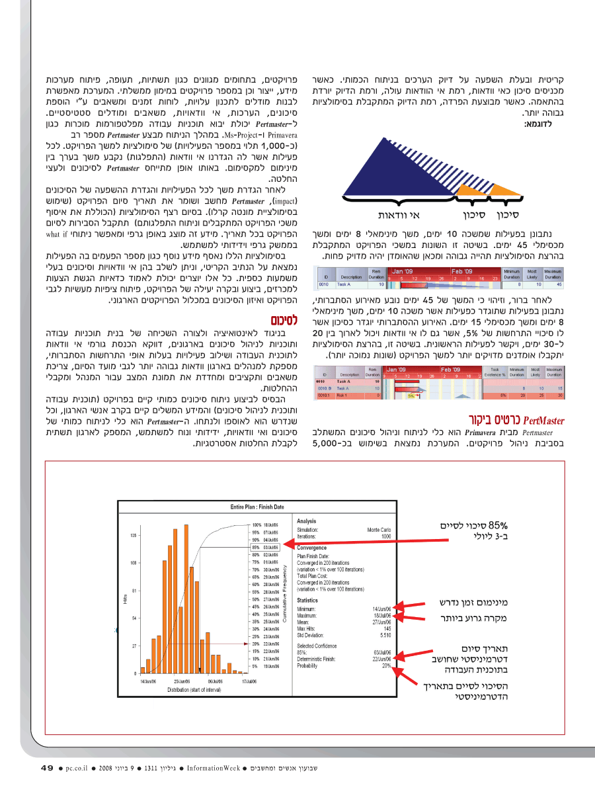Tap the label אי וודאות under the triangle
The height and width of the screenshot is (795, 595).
point(399,215)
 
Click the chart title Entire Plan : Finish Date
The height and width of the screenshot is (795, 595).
point(257,507)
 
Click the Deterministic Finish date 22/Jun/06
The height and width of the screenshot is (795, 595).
point(382,659)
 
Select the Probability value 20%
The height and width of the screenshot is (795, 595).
point(387,665)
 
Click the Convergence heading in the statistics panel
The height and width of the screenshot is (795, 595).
point(312,548)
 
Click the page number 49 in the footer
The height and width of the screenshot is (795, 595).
point(46,768)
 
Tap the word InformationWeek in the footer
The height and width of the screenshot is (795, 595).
point(213,769)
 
